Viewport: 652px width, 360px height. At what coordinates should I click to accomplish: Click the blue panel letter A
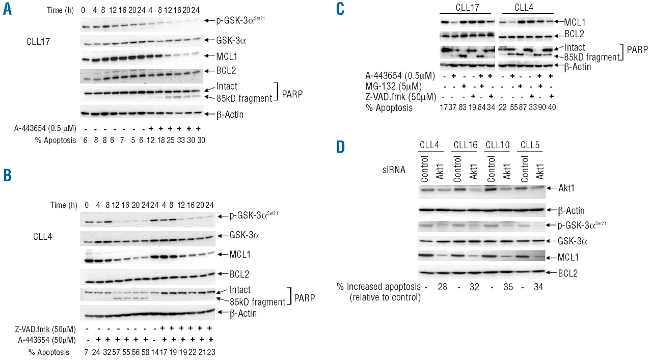[8, 10]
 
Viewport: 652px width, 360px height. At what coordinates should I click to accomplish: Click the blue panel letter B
[8, 175]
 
